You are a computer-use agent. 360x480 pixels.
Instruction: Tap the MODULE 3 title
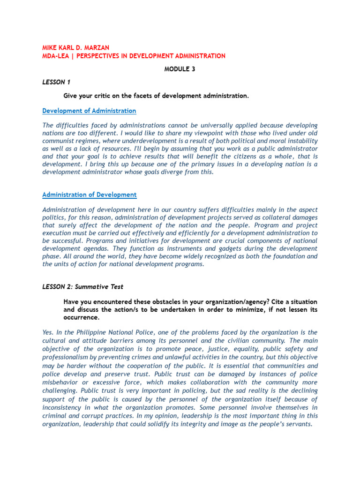tap(180, 69)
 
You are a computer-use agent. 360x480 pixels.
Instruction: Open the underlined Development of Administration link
tap(89, 111)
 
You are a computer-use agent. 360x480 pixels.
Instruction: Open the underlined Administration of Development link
tap(89, 195)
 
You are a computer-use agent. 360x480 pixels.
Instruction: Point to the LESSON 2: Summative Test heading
tap(83, 286)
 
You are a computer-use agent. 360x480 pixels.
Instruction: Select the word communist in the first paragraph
tap(61, 141)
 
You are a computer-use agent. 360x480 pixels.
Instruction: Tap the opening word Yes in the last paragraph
tap(48, 332)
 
